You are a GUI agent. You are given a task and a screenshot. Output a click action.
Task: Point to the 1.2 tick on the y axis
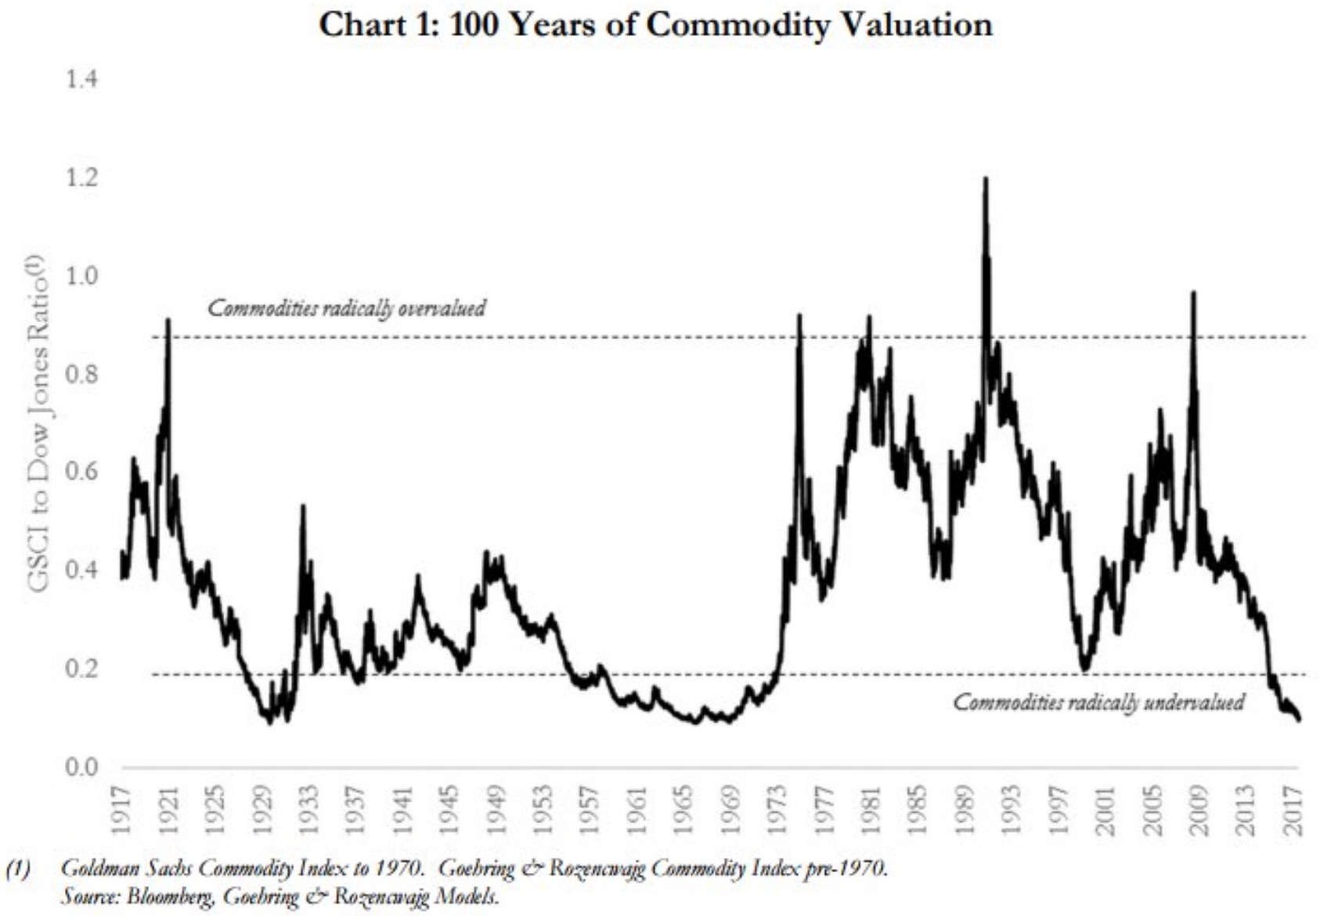[82, 179]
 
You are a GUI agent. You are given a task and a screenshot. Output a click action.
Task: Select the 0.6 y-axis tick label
[82, 472]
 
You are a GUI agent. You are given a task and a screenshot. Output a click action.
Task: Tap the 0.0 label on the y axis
[82, 767]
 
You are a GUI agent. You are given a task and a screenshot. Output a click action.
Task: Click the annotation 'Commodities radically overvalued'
[346, 308]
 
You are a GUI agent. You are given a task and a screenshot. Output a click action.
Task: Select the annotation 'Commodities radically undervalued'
[1098, 702]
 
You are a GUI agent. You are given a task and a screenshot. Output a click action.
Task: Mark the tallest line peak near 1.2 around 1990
[985, 179]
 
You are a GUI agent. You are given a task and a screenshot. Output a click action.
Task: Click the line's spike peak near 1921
[168, 319]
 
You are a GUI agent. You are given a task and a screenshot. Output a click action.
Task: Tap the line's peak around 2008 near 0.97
[1193, 293]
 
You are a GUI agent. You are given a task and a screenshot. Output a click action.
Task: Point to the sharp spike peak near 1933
[303, 507]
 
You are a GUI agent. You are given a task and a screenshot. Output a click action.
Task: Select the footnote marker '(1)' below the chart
[17, 868]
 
